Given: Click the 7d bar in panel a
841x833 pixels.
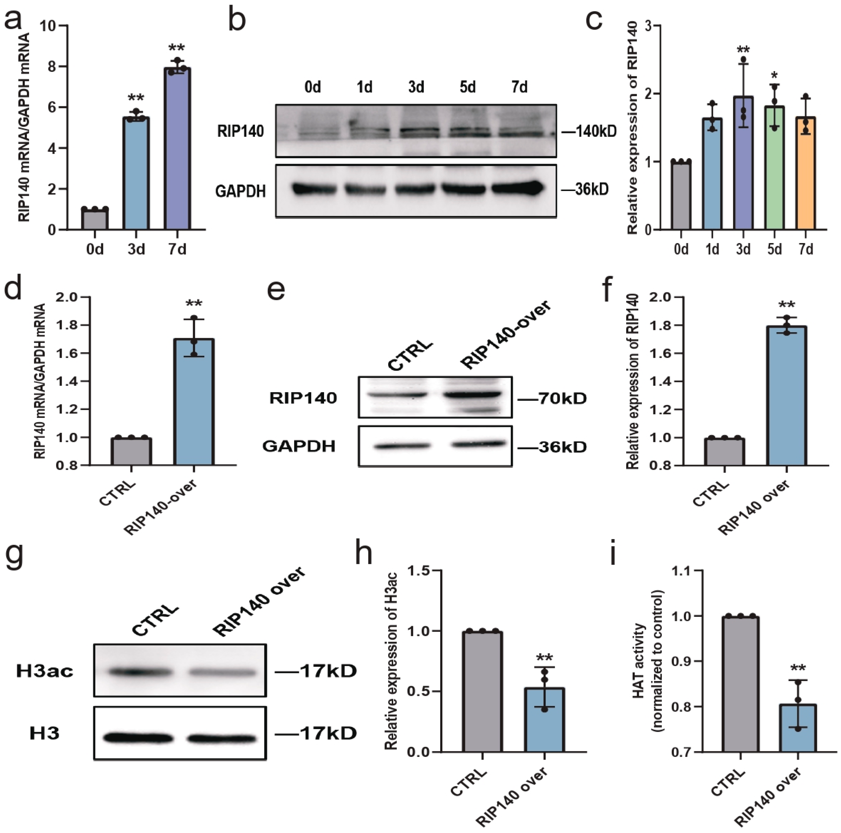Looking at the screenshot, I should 177,148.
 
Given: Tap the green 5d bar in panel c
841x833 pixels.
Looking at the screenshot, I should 774,168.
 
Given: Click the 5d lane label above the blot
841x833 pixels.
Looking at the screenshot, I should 468,88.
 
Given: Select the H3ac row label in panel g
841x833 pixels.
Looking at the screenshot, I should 45,671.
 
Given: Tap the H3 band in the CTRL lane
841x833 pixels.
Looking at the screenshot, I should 138,737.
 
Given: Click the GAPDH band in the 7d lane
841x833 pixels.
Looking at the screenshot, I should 518,188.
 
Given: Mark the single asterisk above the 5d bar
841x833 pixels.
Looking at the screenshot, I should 774,75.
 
